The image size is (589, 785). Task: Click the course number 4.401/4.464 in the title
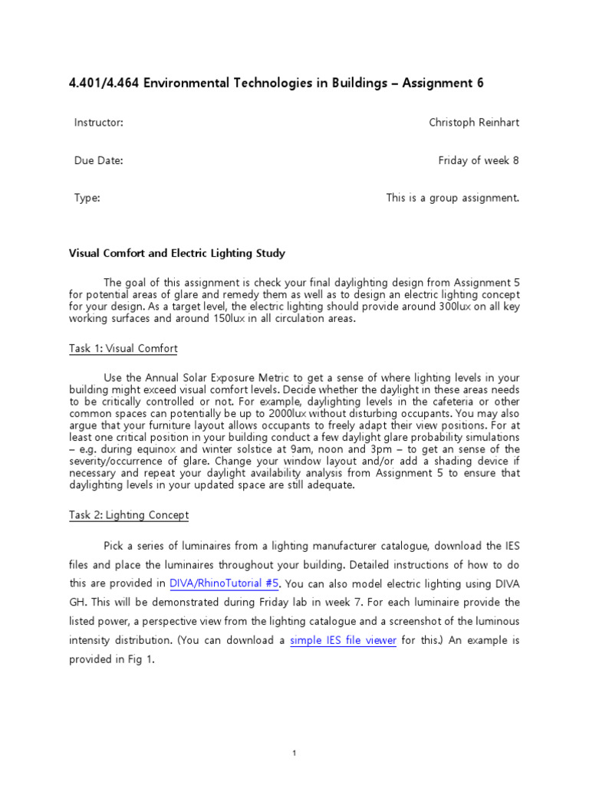click(104, 83)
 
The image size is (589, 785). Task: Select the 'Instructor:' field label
click(98, 123)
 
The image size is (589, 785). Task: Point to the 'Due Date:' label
click(98, 160)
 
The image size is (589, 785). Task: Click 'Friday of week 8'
click(479, 160)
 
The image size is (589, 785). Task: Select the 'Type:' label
click(87, 198)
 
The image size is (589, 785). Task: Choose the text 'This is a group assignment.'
click(452, 198)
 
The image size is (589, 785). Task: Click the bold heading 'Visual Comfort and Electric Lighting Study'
click(177, 252)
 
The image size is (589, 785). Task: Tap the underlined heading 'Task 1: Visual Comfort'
click(123, 348)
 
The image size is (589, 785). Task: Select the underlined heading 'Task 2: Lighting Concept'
click(129, 515)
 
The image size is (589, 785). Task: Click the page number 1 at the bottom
click(294, 754)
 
